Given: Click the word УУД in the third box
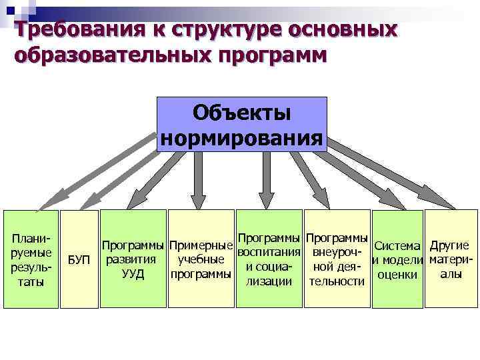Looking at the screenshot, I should point(133,273).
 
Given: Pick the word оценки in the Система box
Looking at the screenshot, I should point(397,274).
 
